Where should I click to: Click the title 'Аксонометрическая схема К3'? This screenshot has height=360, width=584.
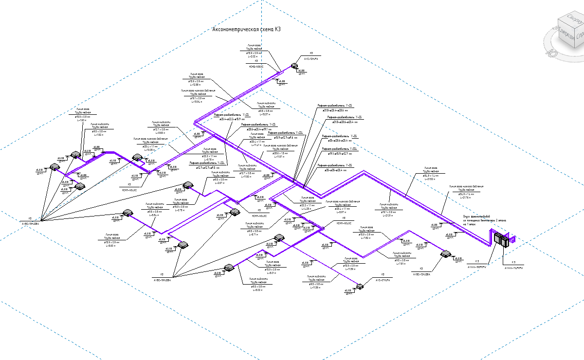point(247,30)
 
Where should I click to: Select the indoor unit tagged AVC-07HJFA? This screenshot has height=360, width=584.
point(360,287)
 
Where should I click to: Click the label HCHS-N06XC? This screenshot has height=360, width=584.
point(256,66)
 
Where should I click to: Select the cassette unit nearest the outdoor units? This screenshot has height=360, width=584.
point(445,253)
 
